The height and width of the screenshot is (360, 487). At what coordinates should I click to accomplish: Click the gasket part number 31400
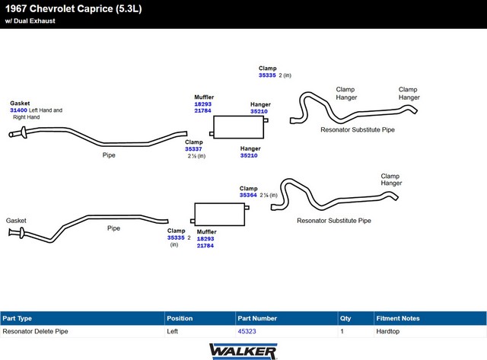click(x=18, y=110)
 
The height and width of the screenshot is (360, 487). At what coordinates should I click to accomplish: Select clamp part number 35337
click(x=193, y=149)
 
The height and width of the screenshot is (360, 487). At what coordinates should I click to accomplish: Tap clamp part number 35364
click(x=248, y=195)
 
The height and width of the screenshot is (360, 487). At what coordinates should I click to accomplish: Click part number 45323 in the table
click(x=247, y=331)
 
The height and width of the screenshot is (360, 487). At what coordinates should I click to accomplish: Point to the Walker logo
click(x=243, y=352)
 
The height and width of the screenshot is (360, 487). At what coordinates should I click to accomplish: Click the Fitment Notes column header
click(x=398, y=318)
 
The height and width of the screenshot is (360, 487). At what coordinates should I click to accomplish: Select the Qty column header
click(x=345, y=318)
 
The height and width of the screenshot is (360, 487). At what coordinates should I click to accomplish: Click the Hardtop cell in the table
click(x=388, y=331)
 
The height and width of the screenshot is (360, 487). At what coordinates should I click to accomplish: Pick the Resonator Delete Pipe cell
click(x=36, y=331)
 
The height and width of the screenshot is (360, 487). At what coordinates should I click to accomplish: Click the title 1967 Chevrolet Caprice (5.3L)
click(x=74, y=8)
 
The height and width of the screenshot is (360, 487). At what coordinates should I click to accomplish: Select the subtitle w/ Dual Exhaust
click(x=30, y=21)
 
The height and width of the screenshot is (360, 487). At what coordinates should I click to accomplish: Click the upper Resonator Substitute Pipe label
click(x=358, y=130)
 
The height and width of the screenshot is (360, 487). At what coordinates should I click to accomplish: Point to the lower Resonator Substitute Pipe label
click(x=334, y=221)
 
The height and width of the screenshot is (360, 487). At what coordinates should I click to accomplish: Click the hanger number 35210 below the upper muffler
click(x=249, y=155)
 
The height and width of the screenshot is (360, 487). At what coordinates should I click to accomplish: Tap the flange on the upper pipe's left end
click(x=24, y=132)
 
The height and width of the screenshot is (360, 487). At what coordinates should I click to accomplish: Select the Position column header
click(x=180, y=318)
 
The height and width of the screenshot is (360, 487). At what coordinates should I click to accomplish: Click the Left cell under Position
click(x=173, y=331)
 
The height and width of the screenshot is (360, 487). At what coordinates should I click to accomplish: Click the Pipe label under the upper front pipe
click(x=109, y=155)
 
